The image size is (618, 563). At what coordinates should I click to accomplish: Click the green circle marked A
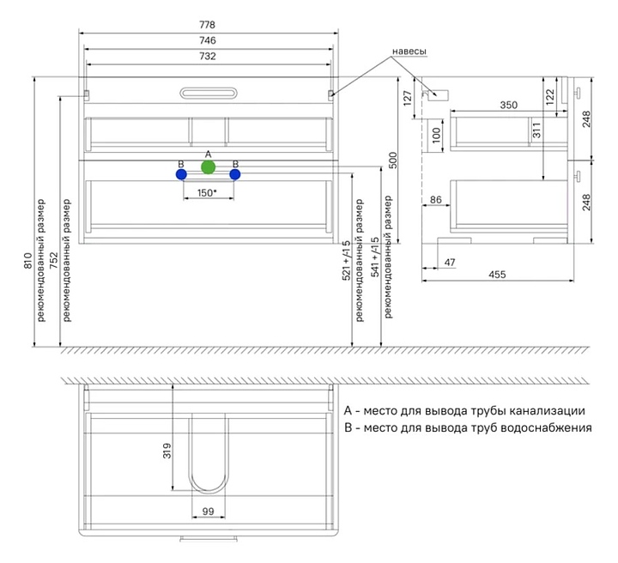[208, 166]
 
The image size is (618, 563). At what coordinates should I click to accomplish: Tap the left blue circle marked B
[181, 174]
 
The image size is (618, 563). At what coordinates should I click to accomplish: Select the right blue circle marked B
[235, 174]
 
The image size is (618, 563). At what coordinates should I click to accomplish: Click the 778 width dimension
[208, 24]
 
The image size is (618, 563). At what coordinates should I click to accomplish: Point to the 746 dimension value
[208, 40]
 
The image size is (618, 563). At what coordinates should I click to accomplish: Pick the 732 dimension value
[208, 57]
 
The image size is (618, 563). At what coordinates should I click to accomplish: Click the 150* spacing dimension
[207, 193]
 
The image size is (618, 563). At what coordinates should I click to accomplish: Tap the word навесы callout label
[409, 51]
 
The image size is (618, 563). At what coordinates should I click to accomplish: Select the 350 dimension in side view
[508, 106]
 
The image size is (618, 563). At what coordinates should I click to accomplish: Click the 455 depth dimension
[498, 275]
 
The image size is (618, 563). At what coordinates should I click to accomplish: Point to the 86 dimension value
[435, 199]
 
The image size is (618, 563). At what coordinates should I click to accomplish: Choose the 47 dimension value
[450, 263]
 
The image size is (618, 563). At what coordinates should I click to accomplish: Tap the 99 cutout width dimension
[208, 512]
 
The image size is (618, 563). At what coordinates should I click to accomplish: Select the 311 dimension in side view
[535, 130]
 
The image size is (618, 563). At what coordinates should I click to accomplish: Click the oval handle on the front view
[208, 92]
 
